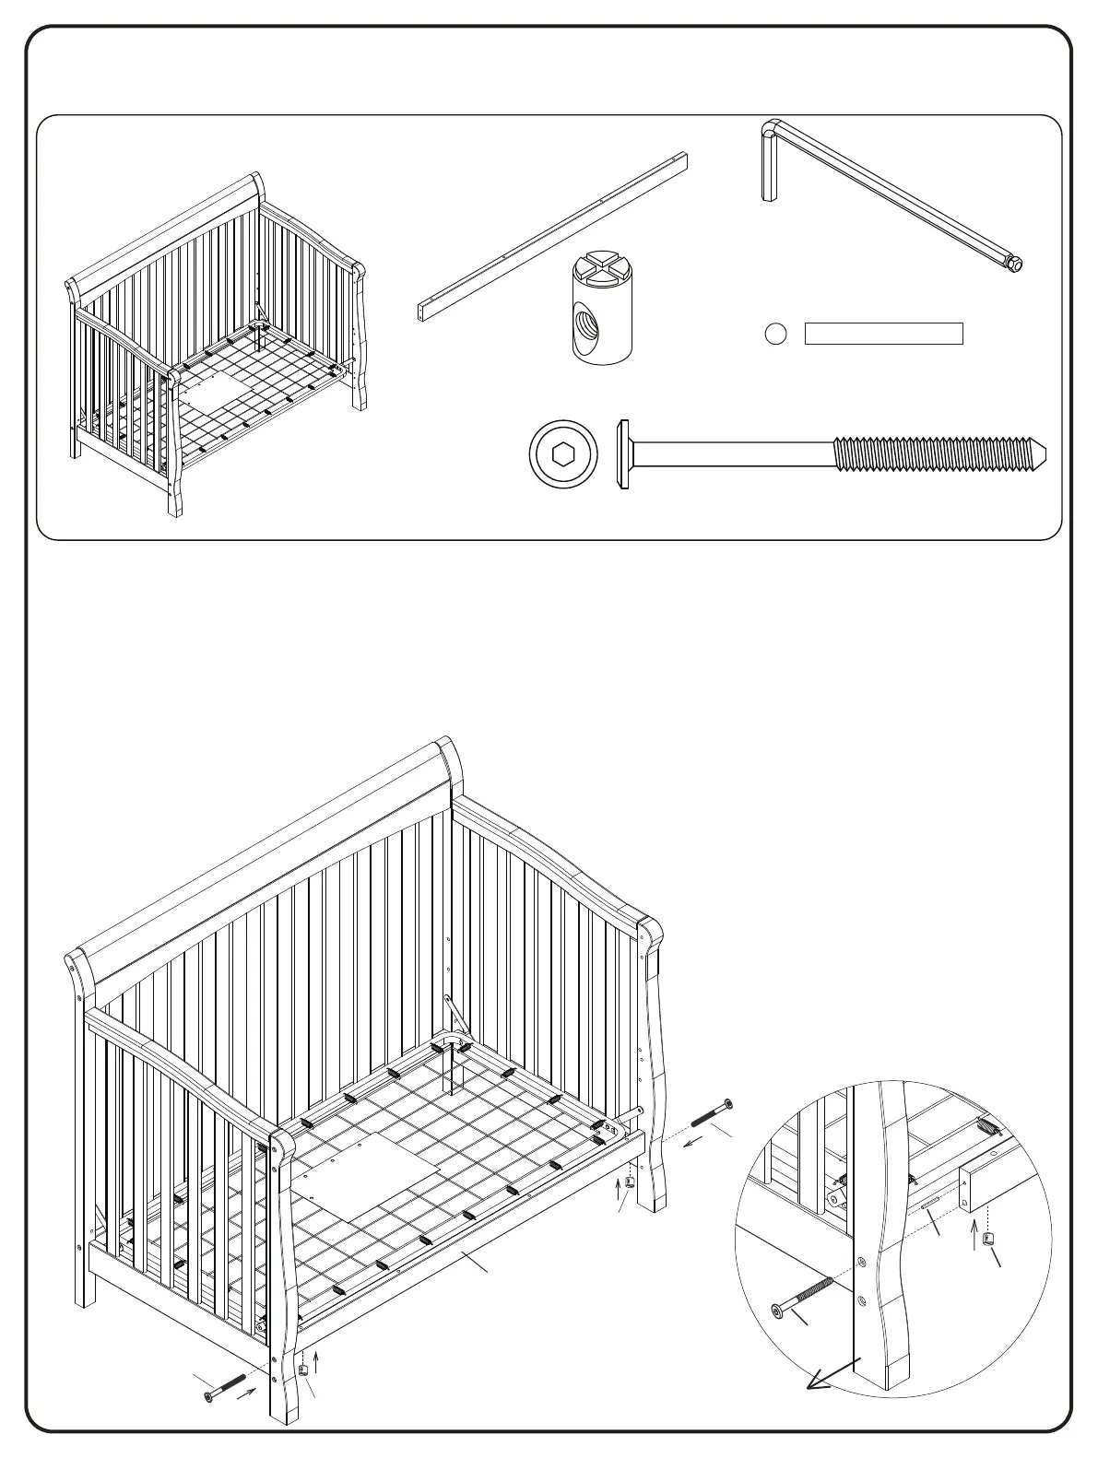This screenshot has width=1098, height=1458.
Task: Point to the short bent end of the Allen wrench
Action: (x=769, y=166)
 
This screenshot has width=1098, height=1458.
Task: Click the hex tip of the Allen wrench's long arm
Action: (x=1015, y=264)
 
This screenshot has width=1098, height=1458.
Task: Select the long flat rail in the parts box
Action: (x=553, y=236)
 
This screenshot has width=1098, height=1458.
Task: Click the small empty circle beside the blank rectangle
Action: (x=776, y=334)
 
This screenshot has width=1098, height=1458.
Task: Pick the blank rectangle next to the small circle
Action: (x=883, y=334)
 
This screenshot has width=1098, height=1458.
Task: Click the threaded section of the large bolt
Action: (x=936, y=453)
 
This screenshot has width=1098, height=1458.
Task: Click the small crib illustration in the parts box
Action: (x=217, y=346)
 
